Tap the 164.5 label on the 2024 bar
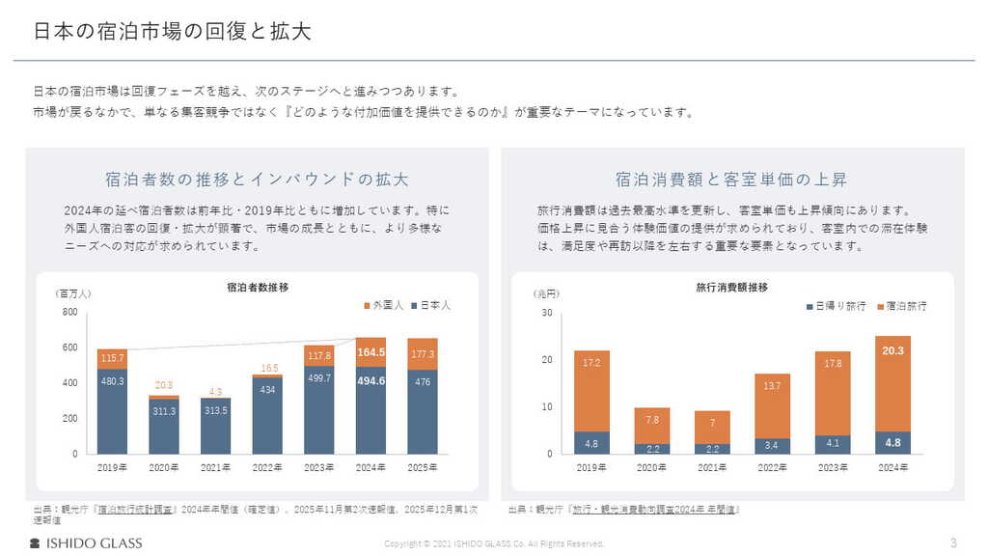370,352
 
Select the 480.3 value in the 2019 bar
112,381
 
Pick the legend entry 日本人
430,305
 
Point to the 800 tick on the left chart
70,312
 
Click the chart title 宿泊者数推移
258,288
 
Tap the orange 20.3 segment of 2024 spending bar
892,351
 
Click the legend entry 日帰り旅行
836,306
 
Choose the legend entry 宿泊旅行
901,306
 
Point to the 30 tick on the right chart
546,313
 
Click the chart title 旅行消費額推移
732,288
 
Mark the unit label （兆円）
546,293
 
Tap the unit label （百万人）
73,293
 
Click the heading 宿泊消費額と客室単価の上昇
732,180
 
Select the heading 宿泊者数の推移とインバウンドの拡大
257,180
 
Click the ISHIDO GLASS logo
86,542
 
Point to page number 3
953,542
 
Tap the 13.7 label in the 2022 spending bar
772,386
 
